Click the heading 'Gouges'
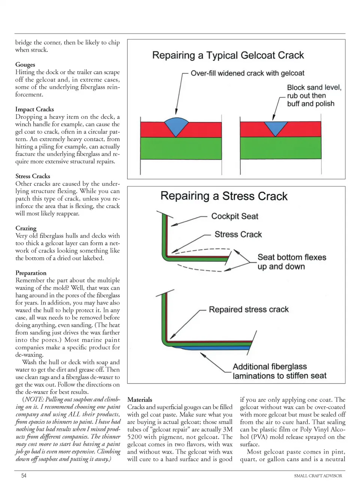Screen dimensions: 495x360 [25, 64]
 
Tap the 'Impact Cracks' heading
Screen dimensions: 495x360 [34, 109]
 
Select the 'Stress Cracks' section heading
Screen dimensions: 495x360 [33, 176]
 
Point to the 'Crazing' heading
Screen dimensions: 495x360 [26, 228]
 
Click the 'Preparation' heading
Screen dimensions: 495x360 [31, 273]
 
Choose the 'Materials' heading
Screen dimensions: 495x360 [139, 399]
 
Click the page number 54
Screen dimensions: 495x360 [24, 475]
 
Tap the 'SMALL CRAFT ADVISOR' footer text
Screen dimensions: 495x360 [318, 476]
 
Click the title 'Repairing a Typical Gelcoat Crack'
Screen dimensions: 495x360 [228, 55]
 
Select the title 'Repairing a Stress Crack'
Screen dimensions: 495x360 [224, 196]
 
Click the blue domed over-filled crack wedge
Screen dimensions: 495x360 [177, 125]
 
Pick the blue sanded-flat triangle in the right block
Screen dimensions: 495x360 [276, 128]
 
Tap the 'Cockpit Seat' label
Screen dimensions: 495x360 [234, 216]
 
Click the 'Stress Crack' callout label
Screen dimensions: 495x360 [238, 234]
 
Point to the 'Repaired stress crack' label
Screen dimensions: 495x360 [249, 309]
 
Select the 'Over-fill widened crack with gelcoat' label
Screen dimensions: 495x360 [247, 73]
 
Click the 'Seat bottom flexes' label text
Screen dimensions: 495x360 [292, 257]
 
